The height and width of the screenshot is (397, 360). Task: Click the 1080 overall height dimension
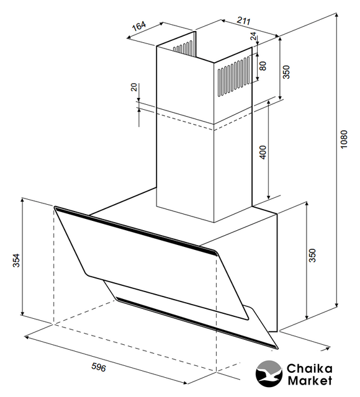(343, 139)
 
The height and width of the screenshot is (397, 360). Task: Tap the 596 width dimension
(99, 367)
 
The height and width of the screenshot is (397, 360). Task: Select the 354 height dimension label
(17, 261)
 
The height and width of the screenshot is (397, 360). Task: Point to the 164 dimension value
(139, 25)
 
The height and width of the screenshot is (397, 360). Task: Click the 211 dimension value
(244, 20)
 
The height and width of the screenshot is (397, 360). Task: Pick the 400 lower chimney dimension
(263, 152)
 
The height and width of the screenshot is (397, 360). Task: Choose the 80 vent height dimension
(263, 66)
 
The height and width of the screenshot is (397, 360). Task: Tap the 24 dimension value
(253, 36)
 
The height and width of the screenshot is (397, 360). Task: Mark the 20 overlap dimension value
(134, 87)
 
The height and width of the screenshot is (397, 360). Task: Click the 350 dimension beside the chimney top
(286, 72)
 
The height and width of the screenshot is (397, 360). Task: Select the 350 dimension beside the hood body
(313, 256)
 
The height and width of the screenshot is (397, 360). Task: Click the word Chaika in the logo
(309, 368)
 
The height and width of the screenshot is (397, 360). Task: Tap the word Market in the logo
(310, 380)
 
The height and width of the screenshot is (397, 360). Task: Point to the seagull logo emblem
(269, 374)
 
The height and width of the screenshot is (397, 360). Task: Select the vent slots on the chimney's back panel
(182, 48)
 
